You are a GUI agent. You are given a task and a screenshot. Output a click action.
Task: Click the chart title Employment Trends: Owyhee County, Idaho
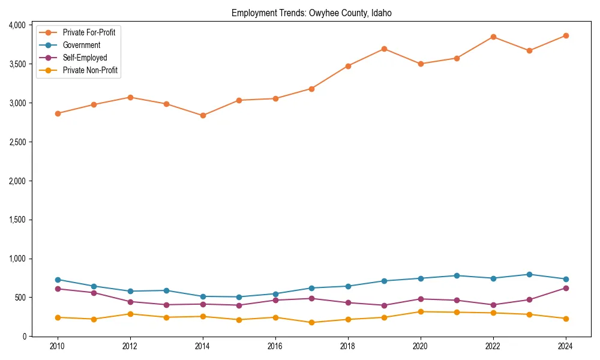311,13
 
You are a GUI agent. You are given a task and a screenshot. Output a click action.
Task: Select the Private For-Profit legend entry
89,32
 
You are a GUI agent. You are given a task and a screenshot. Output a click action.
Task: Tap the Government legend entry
81,45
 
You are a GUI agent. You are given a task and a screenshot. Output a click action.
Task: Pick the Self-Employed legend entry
85,58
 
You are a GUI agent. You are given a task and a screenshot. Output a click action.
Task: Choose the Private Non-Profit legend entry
90,70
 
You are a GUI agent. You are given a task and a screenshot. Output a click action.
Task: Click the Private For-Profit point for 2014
203,115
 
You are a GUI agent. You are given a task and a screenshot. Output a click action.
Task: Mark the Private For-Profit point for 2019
384,49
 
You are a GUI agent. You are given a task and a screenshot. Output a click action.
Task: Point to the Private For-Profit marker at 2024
566,35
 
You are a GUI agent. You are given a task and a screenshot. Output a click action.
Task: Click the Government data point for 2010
58,280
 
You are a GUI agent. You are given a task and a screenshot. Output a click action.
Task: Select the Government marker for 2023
529,274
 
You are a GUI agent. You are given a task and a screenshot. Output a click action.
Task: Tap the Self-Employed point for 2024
566,288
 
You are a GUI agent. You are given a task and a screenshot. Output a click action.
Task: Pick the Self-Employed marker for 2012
130,302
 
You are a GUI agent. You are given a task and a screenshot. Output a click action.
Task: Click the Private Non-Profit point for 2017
311,322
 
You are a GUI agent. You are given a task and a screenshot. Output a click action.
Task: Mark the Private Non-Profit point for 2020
421,311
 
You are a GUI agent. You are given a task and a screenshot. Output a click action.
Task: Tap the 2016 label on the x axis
275,346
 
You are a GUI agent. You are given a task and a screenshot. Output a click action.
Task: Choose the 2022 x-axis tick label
493,346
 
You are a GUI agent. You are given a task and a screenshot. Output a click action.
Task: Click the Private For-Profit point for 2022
493,37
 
